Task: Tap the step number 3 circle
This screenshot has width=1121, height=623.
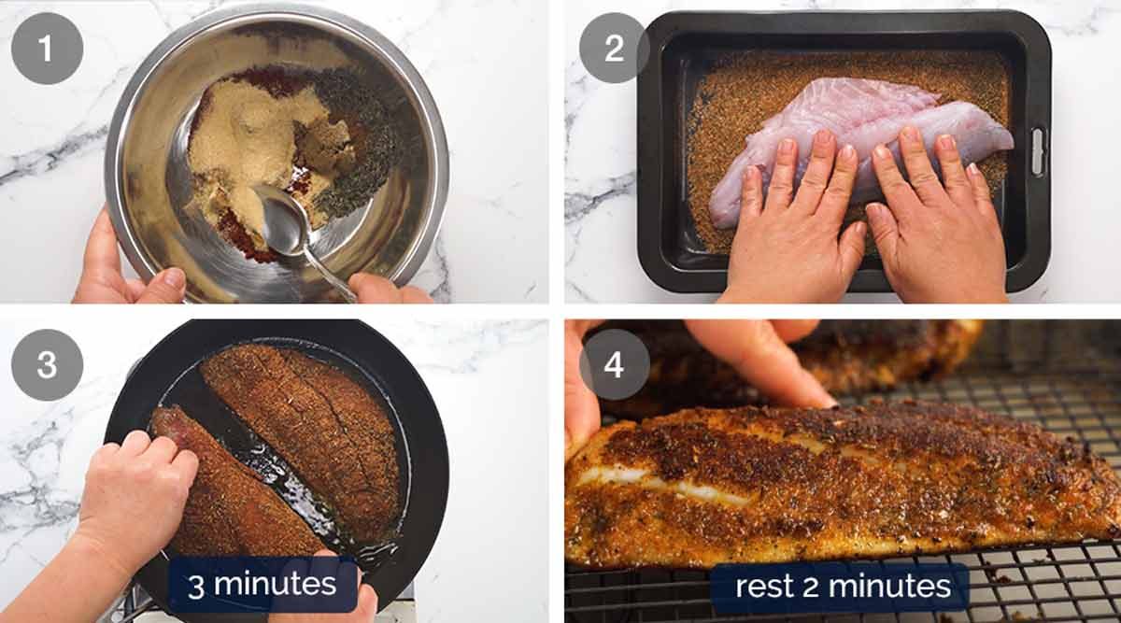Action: coord(47,365)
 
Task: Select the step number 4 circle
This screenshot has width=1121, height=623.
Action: coord(614,365)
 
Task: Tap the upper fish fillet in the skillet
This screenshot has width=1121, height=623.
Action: coord(299,420)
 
